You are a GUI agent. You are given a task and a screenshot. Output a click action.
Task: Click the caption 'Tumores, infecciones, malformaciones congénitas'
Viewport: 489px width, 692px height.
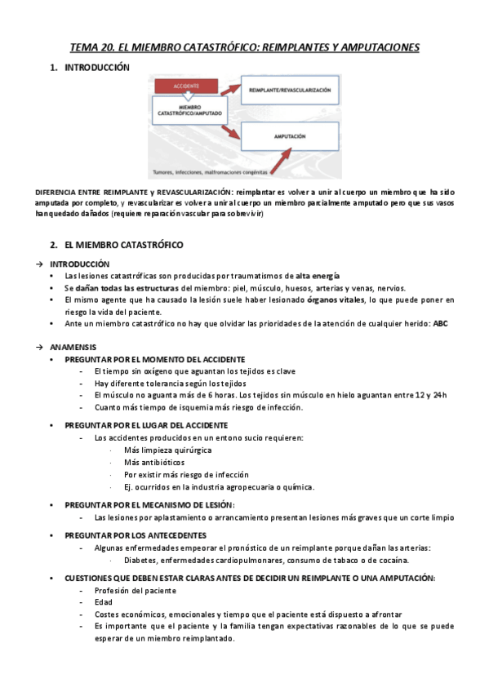(206, 173)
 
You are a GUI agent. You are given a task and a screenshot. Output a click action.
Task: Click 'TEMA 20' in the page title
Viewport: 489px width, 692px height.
(93, 47)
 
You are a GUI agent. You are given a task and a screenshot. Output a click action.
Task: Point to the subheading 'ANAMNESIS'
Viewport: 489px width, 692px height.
(73, 346)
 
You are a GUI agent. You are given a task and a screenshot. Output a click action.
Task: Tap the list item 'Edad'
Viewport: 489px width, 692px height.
(104, 601)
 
